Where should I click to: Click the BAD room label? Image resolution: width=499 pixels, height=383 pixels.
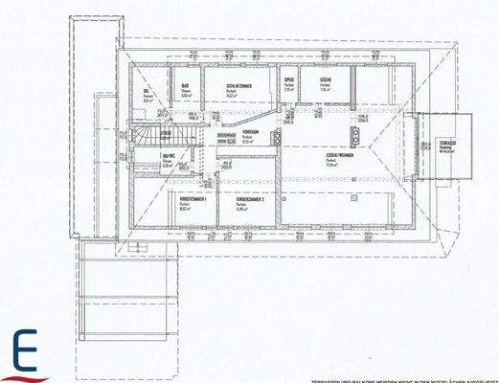[185, 86]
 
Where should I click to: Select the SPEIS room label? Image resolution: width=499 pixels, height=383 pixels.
[288, 81]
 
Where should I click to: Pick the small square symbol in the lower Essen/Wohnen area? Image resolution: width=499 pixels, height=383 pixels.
[352, 181]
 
